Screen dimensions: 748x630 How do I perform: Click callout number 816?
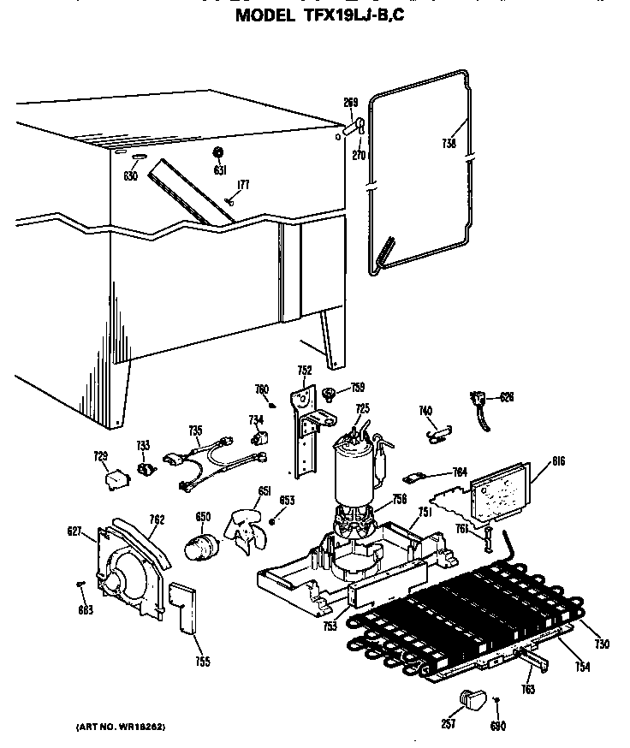[x=535, y=461]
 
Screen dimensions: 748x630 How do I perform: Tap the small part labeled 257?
[x=472, y=699]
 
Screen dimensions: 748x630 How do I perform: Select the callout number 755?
[x=202, y=662]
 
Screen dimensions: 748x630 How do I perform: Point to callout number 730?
[x=603, y=644]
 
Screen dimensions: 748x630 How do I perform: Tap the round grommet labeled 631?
[x=217, y=152]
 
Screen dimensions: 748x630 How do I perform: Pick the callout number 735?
[x=195, y=430]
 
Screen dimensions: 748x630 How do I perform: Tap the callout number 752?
[x=304, y=371]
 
